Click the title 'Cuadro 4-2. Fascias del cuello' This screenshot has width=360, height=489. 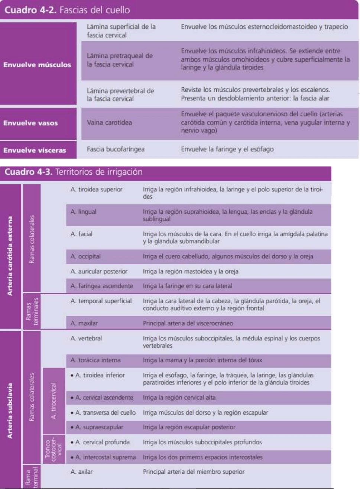[67, 10]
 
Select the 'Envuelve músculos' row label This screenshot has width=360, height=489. [37, 65]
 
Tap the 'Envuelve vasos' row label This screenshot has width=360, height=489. [31, 123]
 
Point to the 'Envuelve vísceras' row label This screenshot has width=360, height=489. [35, 150]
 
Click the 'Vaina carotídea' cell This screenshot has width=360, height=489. [109, 122]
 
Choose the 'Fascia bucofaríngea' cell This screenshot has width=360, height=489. [116, 149]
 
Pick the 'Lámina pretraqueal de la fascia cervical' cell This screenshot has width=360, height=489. [120, 60]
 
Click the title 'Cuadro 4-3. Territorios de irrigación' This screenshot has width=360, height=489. [73, 172]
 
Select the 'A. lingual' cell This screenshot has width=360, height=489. [83, 212]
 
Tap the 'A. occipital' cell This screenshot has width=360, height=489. [85, 256]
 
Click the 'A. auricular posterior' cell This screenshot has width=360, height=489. [99, 271]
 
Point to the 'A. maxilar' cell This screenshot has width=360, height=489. [84, 323]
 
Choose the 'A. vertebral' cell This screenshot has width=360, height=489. [86, 338]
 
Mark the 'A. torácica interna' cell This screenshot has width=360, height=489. [95, 360]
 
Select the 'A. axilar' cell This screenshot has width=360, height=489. [81, 472]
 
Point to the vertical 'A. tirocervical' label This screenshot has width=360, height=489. [53, 401]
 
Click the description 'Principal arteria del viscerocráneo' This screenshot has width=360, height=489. [188, 323]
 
